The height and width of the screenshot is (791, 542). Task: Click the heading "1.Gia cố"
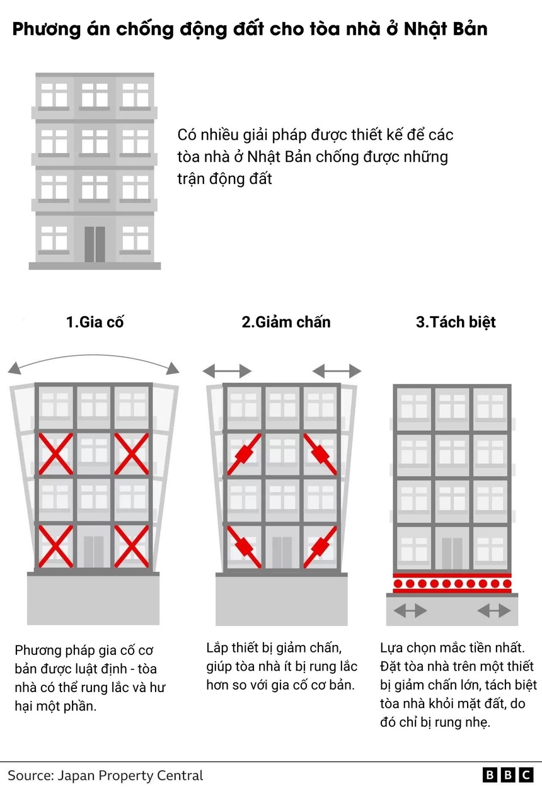(x=95, y=322)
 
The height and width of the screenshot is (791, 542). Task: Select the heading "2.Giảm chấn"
(x=286, y=322)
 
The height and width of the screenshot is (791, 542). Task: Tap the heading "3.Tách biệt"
(x=456, y=322)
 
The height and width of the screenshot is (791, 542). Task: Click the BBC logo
(x=508, y=775)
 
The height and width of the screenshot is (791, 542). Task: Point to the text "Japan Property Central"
(x=130, y=775)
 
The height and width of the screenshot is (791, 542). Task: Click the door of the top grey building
(x=95, y=244)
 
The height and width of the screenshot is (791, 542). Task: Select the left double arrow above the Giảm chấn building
(x=227, y=371)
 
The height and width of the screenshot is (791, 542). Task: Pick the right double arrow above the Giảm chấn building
(x=337, y=371)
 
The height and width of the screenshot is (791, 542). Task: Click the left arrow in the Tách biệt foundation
(x=410, y=610)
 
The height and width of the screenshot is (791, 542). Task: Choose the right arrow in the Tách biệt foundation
(x=494, y=610)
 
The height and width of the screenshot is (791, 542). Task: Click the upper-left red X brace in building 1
(x=55, y=454)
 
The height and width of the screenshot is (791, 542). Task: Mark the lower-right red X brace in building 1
(x=132, y=547)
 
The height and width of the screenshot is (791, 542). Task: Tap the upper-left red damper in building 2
(x=244, y=454)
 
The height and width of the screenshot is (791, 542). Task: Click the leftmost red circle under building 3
(x=398, y=584)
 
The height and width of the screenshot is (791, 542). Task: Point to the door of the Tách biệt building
(x=452, y=554)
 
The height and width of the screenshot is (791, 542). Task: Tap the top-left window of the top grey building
(x=54, y=94)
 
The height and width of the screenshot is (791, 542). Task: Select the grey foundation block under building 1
(x=93, y=598)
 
